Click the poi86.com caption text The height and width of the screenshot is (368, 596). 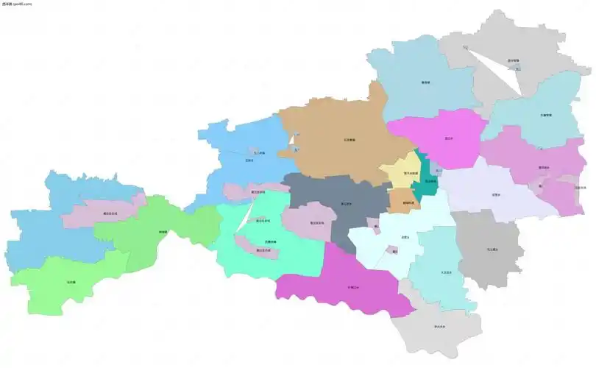coord(17,4)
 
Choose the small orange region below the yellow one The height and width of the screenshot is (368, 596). coord(401,200)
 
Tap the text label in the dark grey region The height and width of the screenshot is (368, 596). coord(492,250)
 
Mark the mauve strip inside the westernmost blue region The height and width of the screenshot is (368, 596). coord(103,213)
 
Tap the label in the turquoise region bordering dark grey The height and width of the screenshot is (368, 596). coord(445,272)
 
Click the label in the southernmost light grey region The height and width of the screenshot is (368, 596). coord(440,326)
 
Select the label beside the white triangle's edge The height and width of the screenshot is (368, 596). coord(513,60)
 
